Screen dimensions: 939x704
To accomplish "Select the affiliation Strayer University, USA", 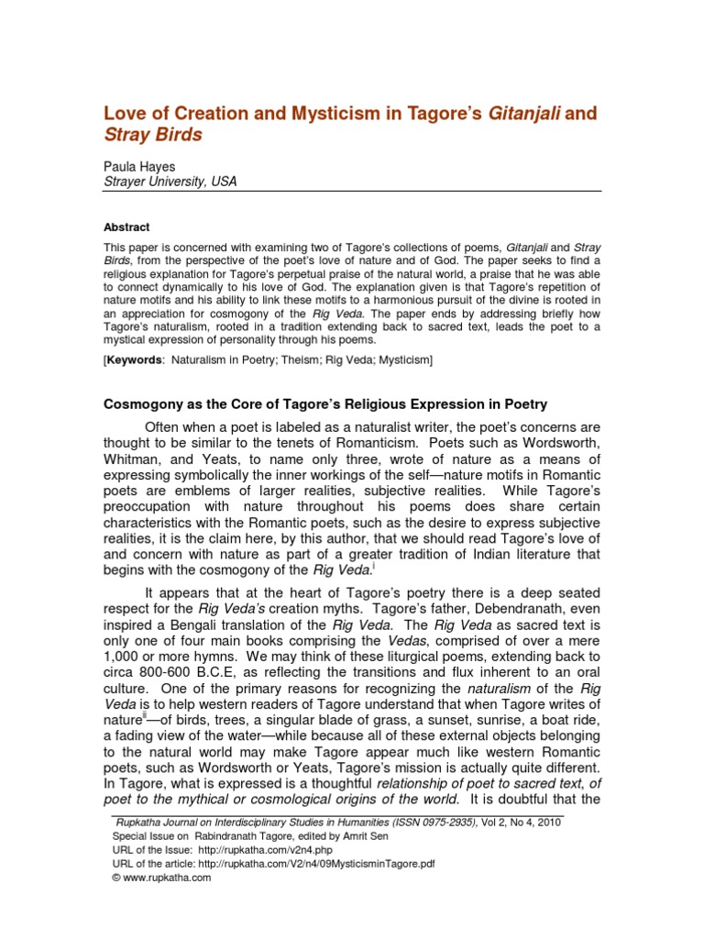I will coord(170,182).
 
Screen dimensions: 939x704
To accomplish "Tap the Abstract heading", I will coord(126,226).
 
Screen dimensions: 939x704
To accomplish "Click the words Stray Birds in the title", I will coord(152,136).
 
